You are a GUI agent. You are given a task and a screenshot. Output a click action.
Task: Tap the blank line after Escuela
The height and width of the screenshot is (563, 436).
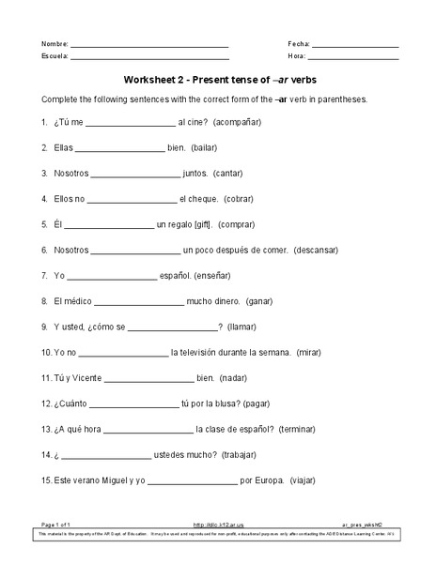[150, 57]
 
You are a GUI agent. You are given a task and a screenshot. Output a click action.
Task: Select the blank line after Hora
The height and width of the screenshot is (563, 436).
[355, 57]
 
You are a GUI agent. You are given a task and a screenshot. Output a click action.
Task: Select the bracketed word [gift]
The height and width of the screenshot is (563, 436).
[198, 224]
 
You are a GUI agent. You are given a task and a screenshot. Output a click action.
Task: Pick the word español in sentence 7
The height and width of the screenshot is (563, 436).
[175, 276]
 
